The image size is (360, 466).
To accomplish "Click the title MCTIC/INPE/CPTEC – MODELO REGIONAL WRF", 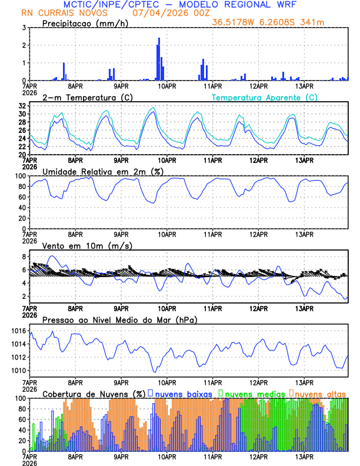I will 180,5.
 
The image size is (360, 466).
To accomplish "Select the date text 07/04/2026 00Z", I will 166,13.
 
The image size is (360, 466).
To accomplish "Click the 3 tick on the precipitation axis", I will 24,28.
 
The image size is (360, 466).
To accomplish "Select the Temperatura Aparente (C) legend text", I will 264,97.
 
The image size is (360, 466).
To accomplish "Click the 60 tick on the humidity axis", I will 22,197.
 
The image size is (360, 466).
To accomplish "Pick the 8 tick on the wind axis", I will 24,257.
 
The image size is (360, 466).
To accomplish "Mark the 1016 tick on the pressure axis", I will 18,331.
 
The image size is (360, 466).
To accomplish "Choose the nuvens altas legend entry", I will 320,393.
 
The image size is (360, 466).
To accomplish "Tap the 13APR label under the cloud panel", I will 304,455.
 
